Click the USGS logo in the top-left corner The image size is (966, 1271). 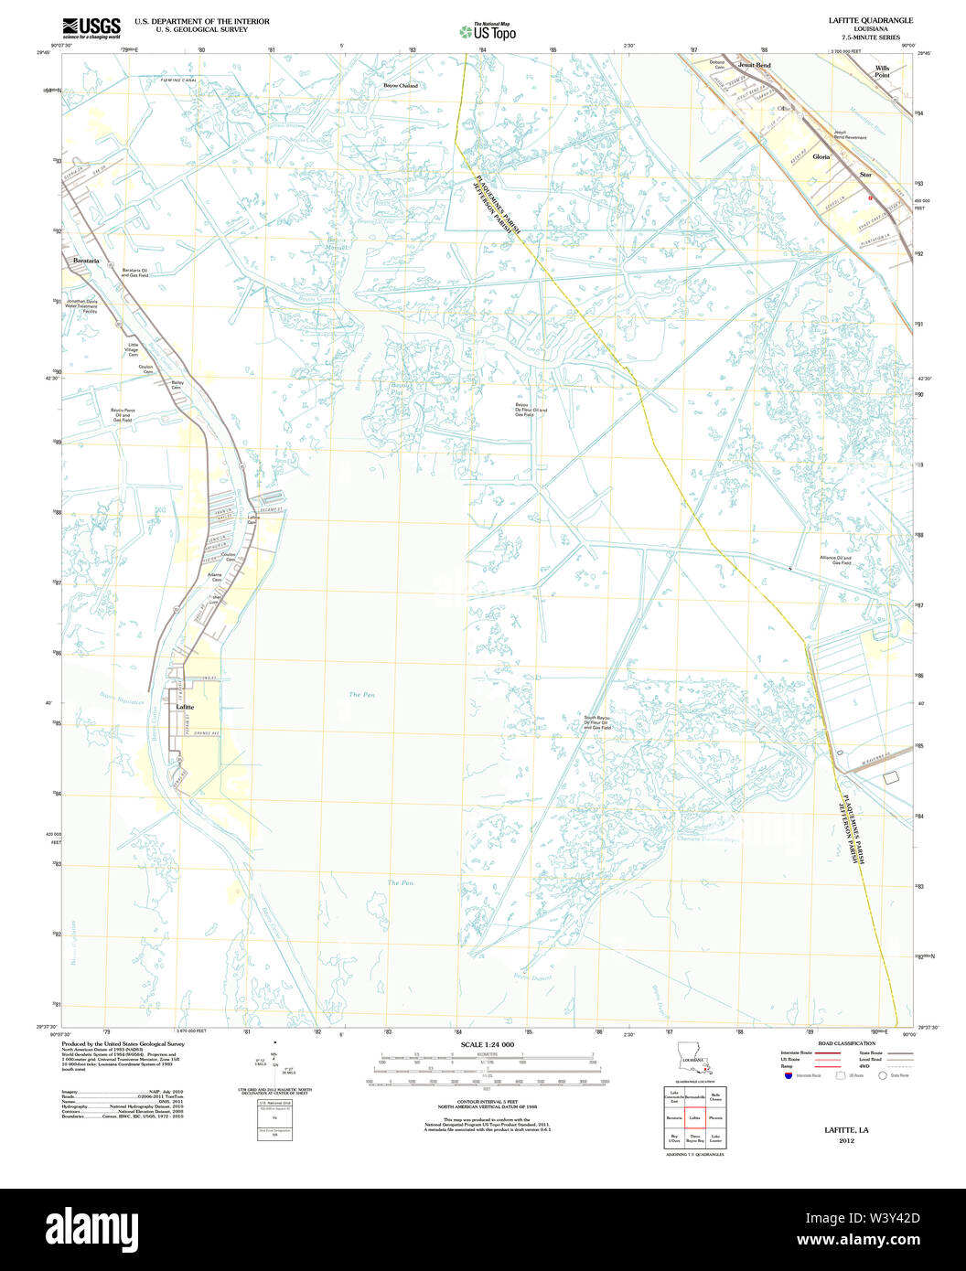(x=91, y=27)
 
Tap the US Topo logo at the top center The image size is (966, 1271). (x=488, y=31)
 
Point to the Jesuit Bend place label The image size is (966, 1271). (x=755, y=66)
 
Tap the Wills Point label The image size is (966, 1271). (x=882, y=71)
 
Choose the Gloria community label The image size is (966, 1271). (x=821, y=156)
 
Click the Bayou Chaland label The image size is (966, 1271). (x=400, y=86)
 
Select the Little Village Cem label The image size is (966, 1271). (x=132, y=347)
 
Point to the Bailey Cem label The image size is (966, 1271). (x=177, y=385)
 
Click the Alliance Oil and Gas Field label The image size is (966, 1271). (x=835, y=560)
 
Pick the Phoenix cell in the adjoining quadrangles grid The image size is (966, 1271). (x=715, y=1117)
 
